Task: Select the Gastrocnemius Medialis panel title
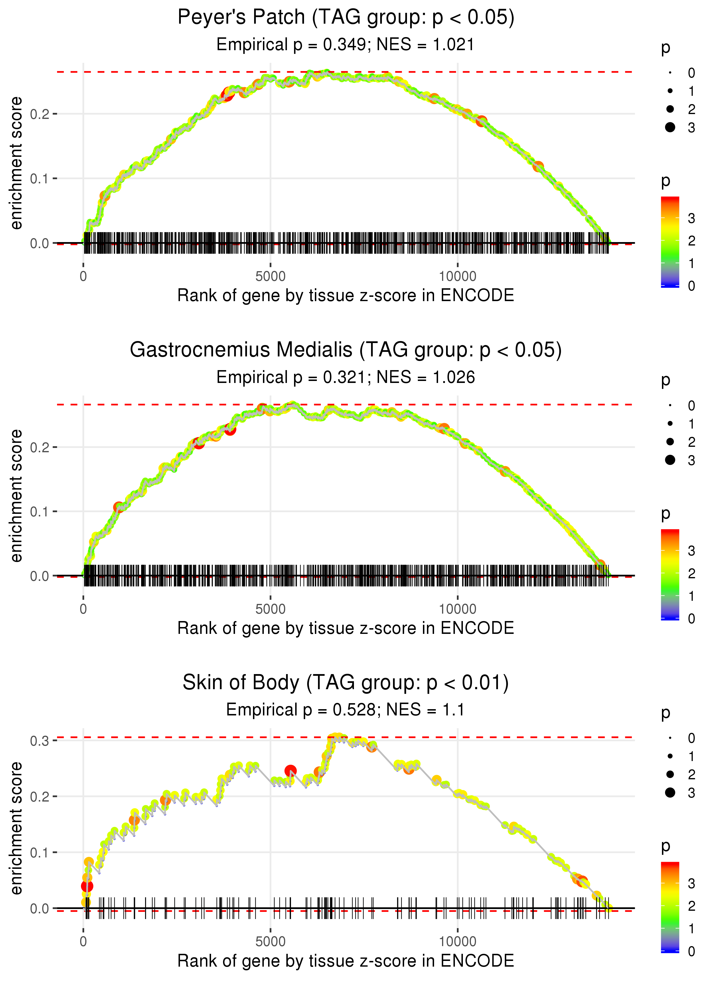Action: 346,350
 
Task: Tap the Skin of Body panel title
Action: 346,683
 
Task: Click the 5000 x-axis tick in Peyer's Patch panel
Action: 270,277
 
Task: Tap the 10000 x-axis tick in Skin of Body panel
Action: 457,942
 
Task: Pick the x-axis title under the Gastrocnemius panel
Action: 346,628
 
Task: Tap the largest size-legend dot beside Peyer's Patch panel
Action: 670,127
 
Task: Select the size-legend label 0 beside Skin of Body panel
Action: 692,738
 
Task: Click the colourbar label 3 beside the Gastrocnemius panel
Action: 692,551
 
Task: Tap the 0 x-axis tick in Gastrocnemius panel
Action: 83,609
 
